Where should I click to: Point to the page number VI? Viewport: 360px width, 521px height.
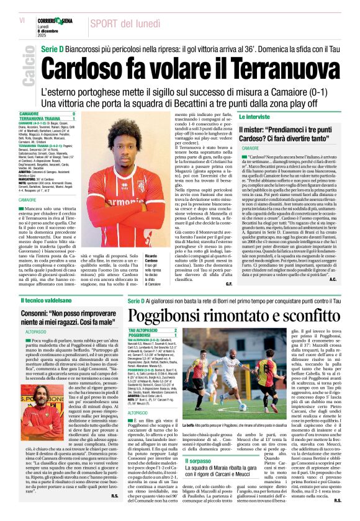click(22, 21)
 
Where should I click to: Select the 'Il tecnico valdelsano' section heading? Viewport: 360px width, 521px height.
click(46, 300)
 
